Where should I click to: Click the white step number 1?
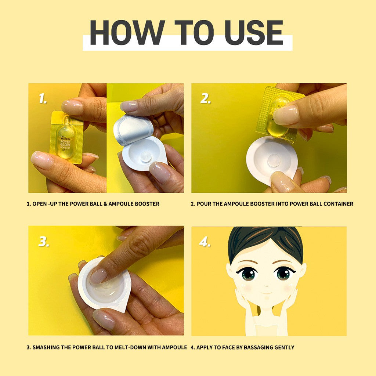point(43,98)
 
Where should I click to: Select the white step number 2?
point(206,98)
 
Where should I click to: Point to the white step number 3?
point(44,242)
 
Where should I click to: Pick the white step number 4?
point(205,242)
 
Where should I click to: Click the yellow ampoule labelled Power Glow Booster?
point(66,138)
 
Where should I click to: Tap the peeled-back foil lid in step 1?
point(133,130)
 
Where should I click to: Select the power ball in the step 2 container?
point(274,160)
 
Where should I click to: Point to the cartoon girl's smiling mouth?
point(267,293)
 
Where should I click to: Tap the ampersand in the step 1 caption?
point(105,204)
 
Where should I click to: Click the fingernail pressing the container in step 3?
point(98,276)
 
